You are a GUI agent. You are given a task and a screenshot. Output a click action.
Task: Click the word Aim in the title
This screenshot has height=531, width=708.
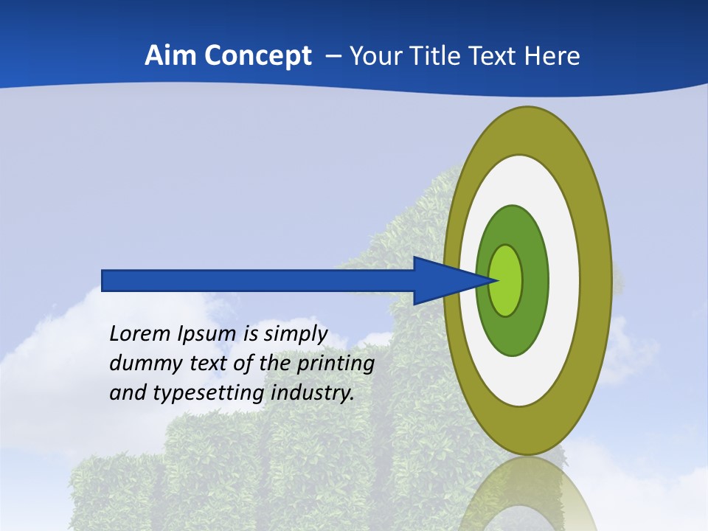pos(170,56)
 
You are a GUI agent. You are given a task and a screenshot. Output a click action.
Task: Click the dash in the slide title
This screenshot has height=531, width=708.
pos(333,57)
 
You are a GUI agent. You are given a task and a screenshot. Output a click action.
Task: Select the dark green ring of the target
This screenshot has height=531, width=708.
pos(535,280)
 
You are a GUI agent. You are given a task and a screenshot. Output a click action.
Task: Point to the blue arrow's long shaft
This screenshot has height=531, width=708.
pos(258,280)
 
